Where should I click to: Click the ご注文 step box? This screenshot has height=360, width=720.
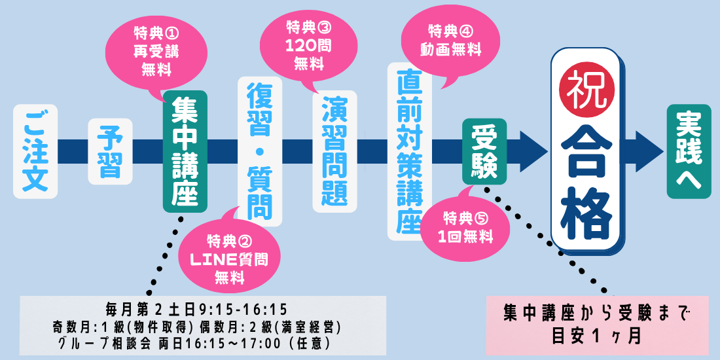point(35,151)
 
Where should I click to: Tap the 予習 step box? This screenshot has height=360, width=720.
point(110,151)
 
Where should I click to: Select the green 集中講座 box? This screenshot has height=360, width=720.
point(185,151)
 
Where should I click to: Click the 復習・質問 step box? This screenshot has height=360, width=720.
point(260,151)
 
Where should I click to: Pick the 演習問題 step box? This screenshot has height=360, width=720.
point(334,151)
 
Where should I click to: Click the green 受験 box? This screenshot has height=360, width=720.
point(484,151)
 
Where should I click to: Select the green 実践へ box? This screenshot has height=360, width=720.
point(689,151)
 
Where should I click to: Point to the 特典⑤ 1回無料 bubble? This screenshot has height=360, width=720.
point(466,226)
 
